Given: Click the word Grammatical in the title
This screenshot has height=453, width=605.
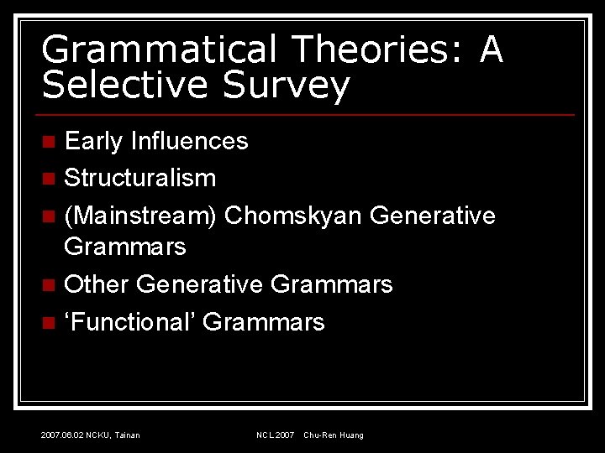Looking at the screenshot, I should [x=159, y=50].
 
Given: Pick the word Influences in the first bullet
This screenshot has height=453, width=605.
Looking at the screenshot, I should [x=189, y=141].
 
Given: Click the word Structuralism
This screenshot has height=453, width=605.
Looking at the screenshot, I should [x=140, y=178].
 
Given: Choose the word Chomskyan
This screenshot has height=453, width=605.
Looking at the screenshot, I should [x=293, y=216].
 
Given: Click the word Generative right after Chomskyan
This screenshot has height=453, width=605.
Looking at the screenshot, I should [x=432, y=216].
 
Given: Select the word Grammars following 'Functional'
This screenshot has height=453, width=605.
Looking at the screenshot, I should [x=263, y=321].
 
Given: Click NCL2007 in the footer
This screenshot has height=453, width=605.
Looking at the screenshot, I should [x=276, y=435].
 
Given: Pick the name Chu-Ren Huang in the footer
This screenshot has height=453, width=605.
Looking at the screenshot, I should [x=334, y=435].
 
